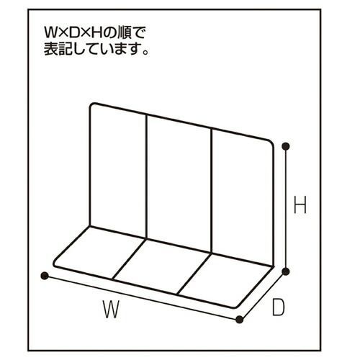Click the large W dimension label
(111, 309)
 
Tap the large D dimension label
(278, 307)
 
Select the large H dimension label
(300, 204)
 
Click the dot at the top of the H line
(286, 146)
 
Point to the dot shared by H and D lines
(285, 271)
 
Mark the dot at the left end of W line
(45, 276)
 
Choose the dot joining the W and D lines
(239, 320)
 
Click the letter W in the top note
(51, 32)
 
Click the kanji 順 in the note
(125, 32)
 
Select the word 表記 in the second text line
(58, 49)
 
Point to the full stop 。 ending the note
(145, 52)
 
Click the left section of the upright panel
(118, 171)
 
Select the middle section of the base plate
(162, 266)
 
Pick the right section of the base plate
(225, 280)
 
